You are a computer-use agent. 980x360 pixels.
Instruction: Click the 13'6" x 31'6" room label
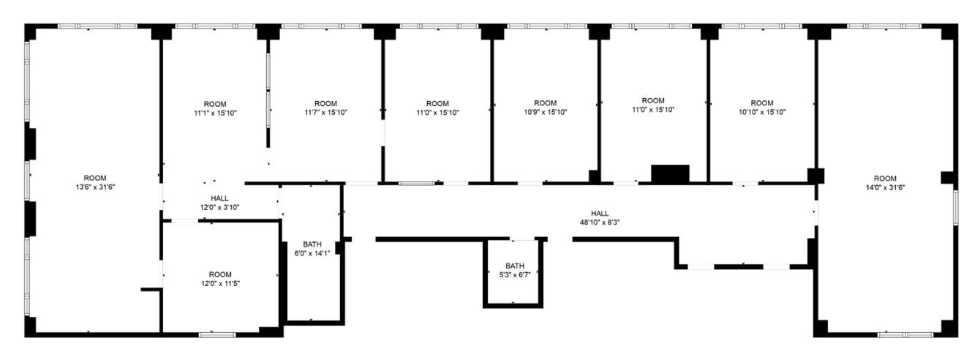point(95,182)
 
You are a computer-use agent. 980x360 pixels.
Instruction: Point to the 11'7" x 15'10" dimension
point(325,113)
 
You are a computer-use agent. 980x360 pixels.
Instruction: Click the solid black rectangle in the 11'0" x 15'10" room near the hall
point(670,173)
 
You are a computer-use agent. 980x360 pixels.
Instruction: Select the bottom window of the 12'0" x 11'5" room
point(217,334)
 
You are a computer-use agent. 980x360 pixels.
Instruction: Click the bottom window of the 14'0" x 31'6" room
point(905,334)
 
